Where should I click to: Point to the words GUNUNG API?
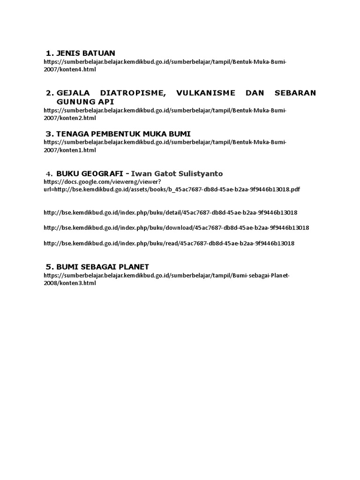[85, 101]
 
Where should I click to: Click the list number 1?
[49, 53]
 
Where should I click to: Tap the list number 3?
[49, 134]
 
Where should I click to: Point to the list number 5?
[49, 267]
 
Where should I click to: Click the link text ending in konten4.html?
[70, 69]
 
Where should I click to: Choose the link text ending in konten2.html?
[70, 118]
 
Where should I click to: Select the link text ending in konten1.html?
[70, 150]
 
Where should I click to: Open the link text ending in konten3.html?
[70, 283]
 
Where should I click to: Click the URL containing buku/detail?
[170, 212]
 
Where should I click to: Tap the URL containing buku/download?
[176, 228]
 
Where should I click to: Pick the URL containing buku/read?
[169, 243]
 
